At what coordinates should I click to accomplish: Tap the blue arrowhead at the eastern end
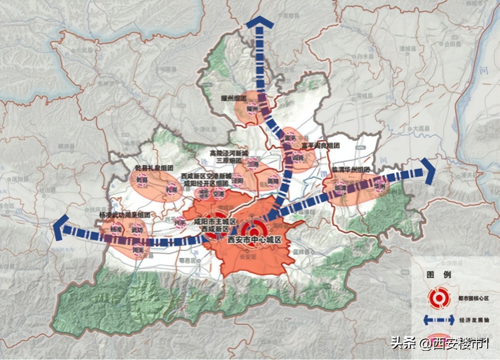(428, 171)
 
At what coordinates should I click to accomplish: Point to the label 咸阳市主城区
(214, 222)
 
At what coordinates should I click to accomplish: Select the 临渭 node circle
(340, 188)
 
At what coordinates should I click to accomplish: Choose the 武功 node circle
(137, 230)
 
